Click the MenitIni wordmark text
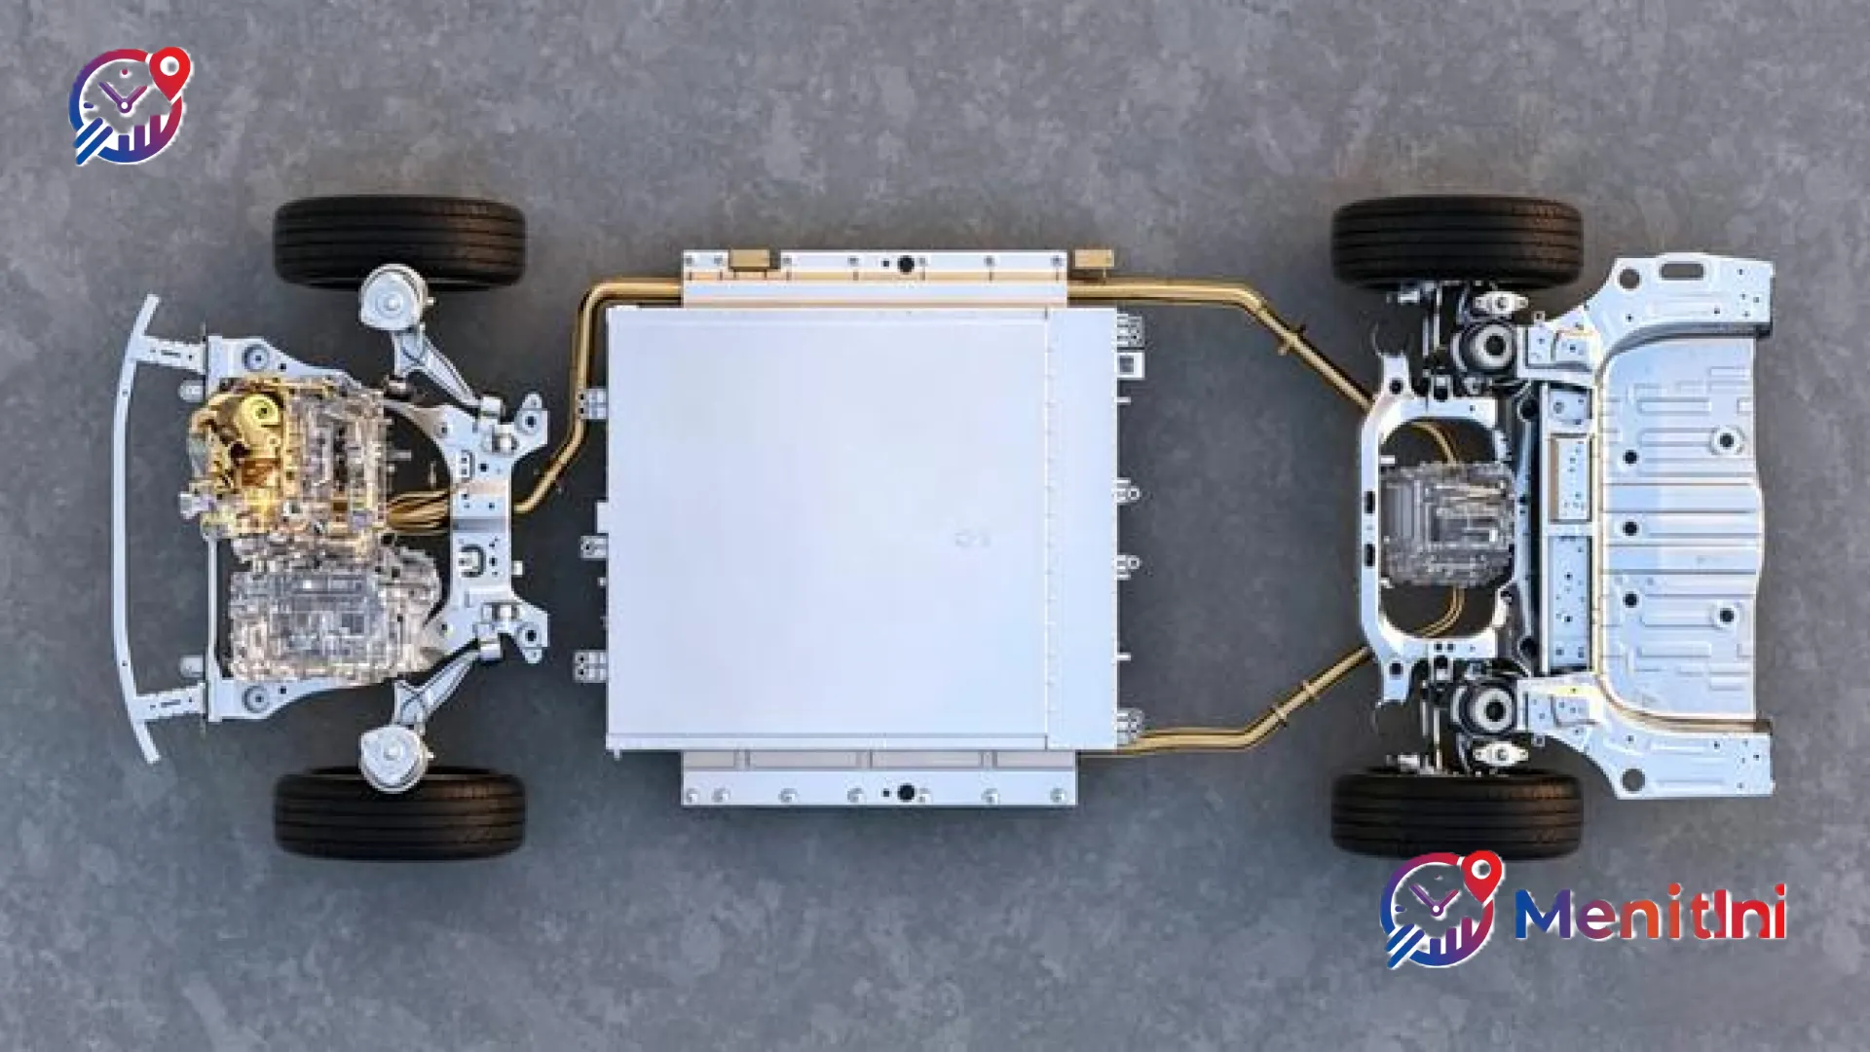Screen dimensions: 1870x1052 1651,913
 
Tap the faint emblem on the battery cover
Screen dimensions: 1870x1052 972,538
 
